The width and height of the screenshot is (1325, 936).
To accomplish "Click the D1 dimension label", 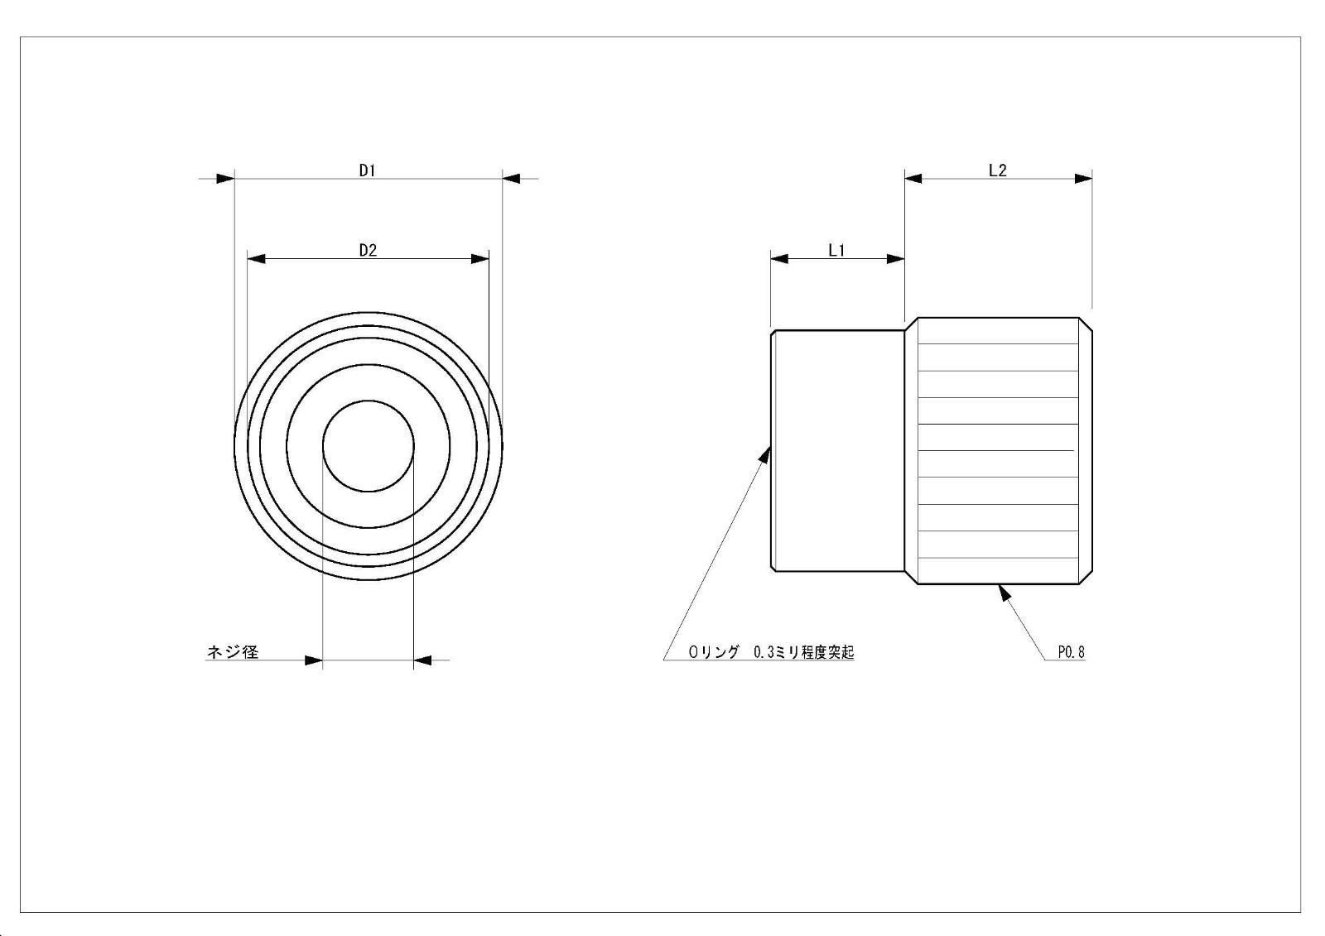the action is pos(368,170).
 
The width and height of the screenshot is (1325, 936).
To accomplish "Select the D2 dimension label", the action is pos(368,251).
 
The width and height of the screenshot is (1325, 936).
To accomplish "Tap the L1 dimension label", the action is pos(836,251).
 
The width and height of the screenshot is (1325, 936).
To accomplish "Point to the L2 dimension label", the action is pos(998,170).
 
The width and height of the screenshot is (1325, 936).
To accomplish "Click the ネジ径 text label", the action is pos(233,651).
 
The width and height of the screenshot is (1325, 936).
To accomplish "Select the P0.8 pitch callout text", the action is pos(1072,652).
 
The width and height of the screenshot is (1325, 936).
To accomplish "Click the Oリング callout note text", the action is pos(771,652).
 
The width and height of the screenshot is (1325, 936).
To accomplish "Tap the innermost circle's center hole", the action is pos(368,446).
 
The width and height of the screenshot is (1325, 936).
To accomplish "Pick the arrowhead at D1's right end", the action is pos(511,179).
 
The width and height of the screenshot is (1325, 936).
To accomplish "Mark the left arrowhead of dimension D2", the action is pos(256,259).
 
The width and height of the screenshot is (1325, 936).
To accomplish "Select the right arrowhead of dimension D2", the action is pos(480,259).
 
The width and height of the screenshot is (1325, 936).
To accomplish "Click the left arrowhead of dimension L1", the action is pos(779,259).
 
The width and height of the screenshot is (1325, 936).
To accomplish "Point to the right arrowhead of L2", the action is pos(1084,179).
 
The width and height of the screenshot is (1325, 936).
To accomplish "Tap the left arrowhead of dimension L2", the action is pos(913,179).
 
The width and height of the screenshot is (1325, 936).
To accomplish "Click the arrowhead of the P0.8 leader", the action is pos(1004,593).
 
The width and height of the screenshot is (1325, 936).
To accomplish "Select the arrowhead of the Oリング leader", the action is pos(765,454).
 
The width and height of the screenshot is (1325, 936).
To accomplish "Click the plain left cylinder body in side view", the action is pos(838,450).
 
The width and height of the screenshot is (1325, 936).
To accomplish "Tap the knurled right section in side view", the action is pos(999,450).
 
